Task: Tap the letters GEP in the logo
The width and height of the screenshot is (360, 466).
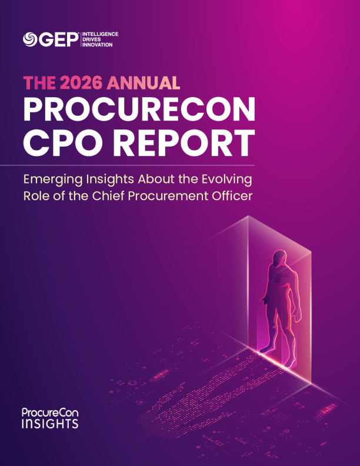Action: pos(58,39)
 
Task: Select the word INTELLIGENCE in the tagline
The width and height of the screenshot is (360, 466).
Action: pos(102,34)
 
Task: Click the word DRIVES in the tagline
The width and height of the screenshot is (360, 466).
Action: pos(94,39)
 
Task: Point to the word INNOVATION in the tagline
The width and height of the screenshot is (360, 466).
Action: pos(99,44)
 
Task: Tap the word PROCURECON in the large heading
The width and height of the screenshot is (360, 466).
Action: pos(139,108)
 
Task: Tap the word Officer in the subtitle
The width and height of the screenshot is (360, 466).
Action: pos(232,196)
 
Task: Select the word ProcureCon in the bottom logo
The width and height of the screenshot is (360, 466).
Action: pos(50,413)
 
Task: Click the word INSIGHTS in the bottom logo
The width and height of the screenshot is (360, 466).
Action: pos(50,423)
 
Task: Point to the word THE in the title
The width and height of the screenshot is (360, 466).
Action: pos(41,82)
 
